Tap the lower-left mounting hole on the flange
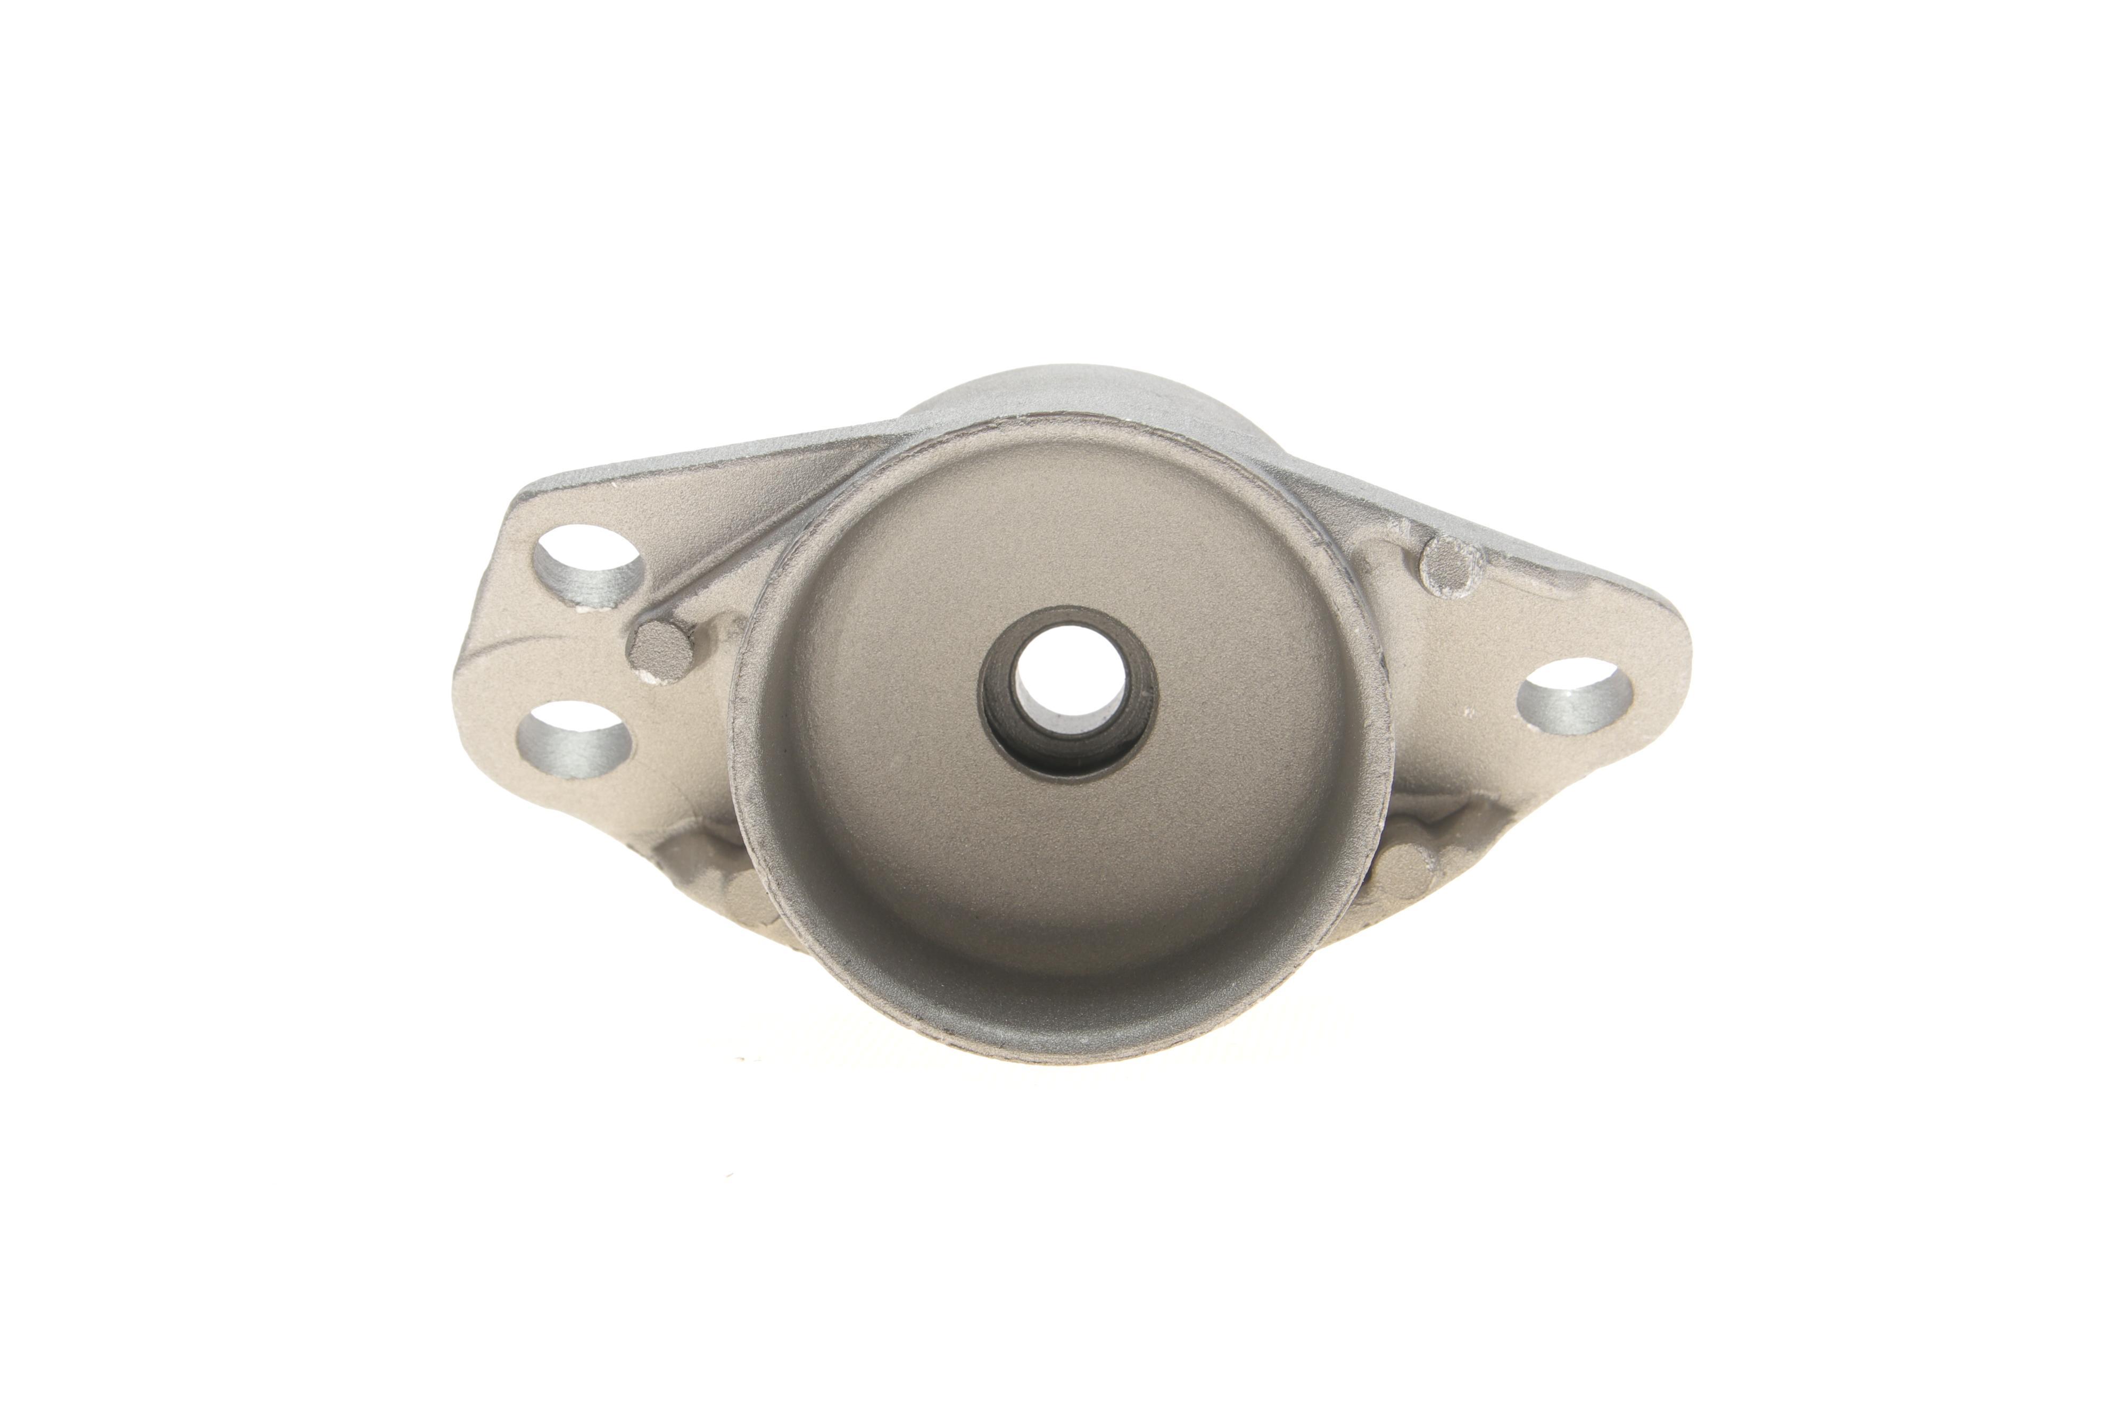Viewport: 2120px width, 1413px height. coord(573,741)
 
